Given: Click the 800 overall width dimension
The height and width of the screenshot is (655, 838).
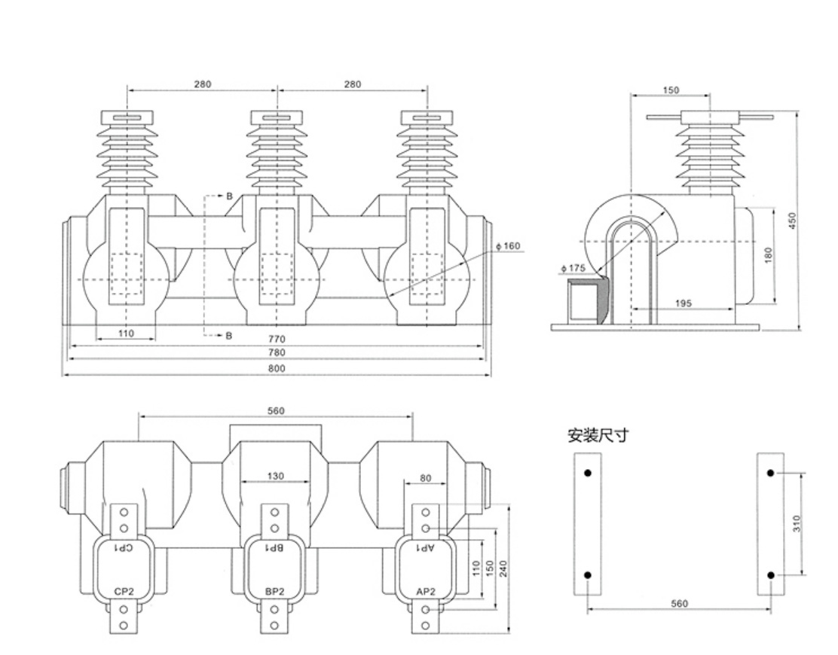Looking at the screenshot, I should pos(277,369).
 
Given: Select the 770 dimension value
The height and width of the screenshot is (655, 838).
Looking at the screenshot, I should pos(277,340).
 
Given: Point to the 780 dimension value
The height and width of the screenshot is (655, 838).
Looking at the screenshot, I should pos(277,352).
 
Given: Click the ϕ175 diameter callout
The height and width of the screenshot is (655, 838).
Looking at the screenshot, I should pos(573,268).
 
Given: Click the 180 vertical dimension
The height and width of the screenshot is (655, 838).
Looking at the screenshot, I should pos(768,256).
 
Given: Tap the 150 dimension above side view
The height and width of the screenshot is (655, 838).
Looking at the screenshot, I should pos(670,90).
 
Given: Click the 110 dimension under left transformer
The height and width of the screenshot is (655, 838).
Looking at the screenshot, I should pos(126,333).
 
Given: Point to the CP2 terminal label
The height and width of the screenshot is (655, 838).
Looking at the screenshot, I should pos(124,592).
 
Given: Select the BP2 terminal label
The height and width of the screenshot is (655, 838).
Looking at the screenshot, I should pos(274,592).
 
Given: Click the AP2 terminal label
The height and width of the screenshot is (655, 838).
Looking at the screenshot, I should pos(425,592).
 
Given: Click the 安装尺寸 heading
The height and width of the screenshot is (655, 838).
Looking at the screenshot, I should pos(598,435).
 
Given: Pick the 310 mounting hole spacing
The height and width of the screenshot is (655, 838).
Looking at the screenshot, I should pos(797,523).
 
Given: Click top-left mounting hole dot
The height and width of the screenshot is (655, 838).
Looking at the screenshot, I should pos(588,473).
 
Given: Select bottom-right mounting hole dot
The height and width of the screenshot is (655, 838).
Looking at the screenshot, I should pos(771,575).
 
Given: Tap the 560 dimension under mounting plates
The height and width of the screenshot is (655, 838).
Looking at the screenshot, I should pos(678,604).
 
